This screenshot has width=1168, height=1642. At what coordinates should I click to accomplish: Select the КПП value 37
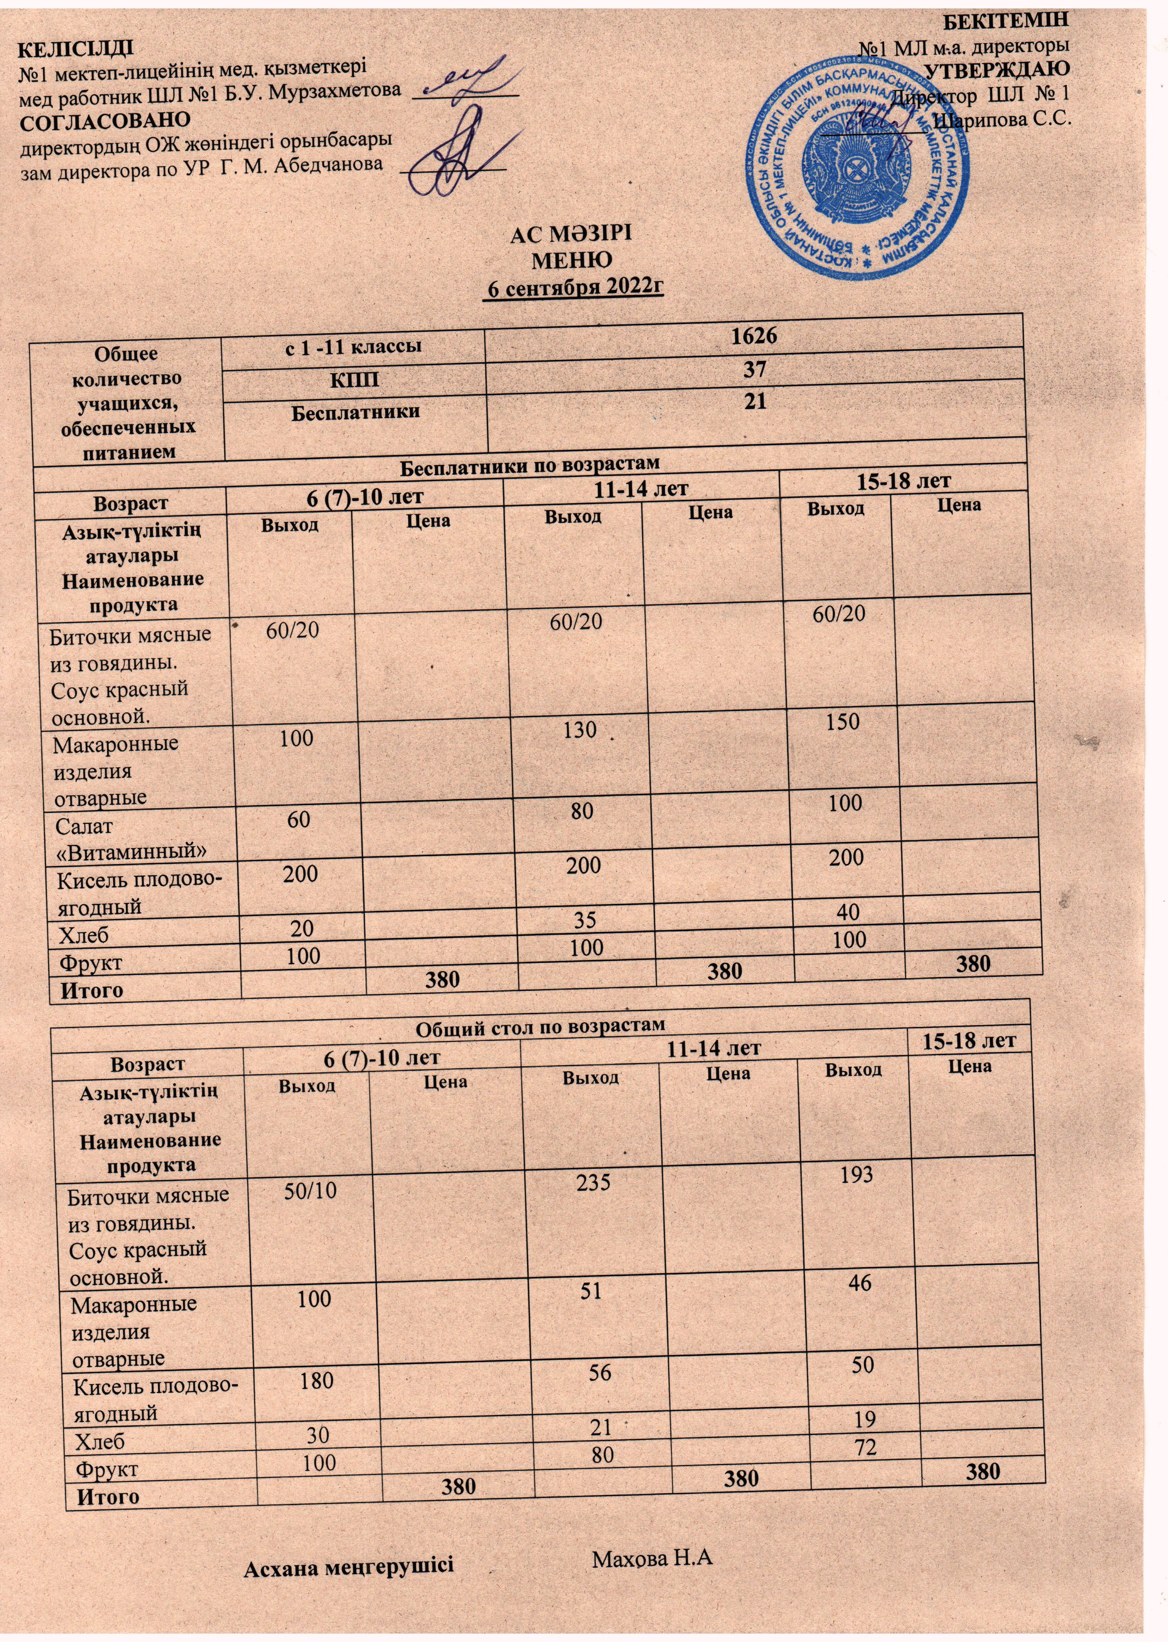(x=754, y=370)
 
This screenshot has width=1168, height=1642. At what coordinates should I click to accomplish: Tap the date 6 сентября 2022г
(x=574, y=288)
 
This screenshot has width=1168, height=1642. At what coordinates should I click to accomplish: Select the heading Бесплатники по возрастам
(x=529, y=463)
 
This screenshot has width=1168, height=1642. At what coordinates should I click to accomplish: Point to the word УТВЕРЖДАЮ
(x=996, y=70)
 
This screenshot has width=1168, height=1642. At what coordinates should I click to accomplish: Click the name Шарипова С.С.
(x=1002, y=119)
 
